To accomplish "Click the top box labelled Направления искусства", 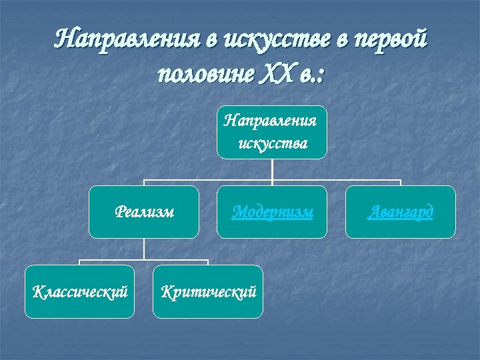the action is click(x=272, y=132).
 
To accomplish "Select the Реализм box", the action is click(x=144, y=212).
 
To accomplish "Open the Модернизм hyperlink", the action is click(x=272, y=212).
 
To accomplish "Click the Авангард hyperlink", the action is click(x=401, y=212).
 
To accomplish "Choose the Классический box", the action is click(x=80, y=291).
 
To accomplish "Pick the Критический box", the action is click(x=208, y=291).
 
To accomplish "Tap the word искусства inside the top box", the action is click(x=273, y=143).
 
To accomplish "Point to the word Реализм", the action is click(x=145, y=212).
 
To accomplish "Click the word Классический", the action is click(x=80, y=291).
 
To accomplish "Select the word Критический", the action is click(x=208, y=291).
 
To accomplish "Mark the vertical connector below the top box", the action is click(x=272, y=169).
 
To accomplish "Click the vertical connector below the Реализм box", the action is click(x=144, y=249).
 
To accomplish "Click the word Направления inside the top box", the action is click(x=271, y=121).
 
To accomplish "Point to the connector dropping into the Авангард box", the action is click(x=401, y=183).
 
